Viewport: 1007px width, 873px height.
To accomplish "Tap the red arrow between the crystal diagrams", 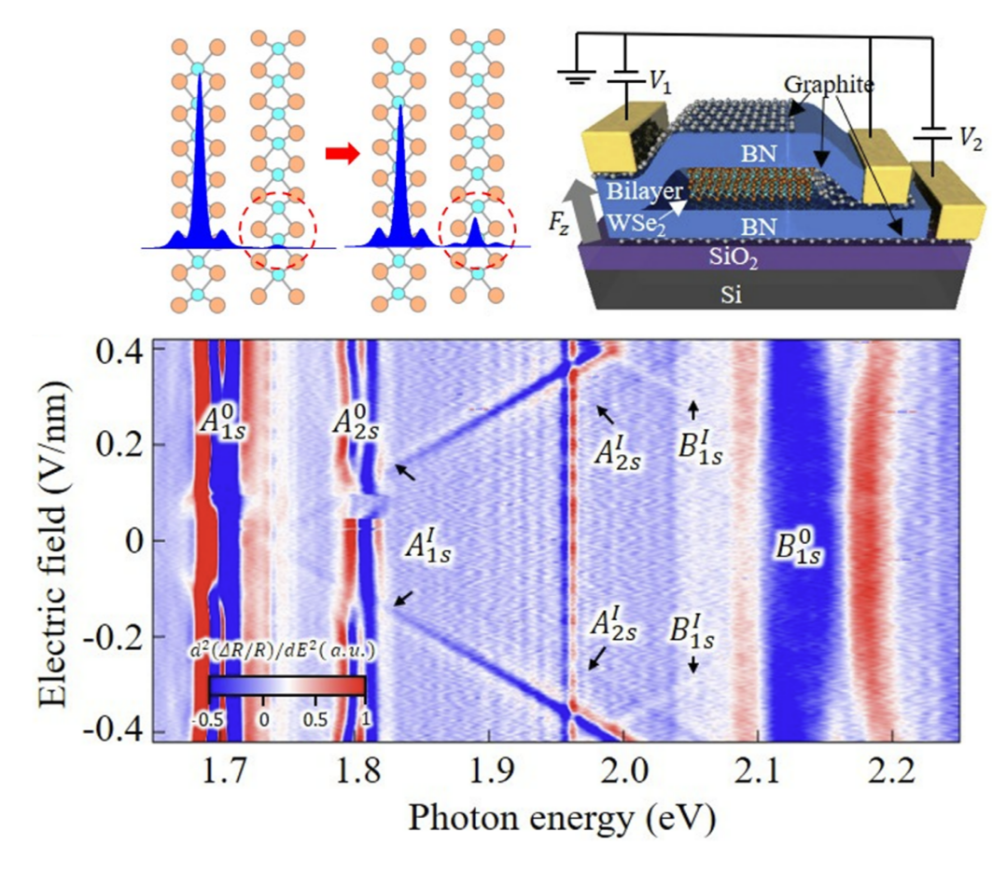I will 342,156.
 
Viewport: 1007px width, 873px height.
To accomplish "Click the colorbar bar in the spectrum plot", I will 286,685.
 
